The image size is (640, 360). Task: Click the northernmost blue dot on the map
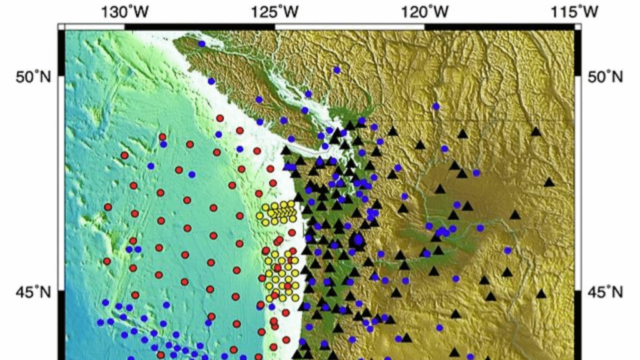pyautogui.click(x=202, y=44)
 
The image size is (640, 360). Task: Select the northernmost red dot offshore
pyautogui.click(x=220, y=118)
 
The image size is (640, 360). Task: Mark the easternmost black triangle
pyautogui.click(x=549, y=182)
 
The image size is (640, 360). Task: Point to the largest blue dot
pyautogui.click(x=358, y=239)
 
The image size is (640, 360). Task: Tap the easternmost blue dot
pyautogui.click(x=507, y=250)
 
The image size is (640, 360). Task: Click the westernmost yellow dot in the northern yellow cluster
pyautogui.click(x=260, y=216)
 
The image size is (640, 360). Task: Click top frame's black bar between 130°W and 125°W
pyautogui.click(x=200, y=26)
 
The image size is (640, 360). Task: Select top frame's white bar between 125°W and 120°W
pyautogui.click(x=350, y=26)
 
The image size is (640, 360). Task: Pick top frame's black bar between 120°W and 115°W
pyautogui.click(x=500, y=26)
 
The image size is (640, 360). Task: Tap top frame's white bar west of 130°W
pyautogui.click(x=94, y=26)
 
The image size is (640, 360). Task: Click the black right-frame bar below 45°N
pyautogui.click(x=578, y=325)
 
